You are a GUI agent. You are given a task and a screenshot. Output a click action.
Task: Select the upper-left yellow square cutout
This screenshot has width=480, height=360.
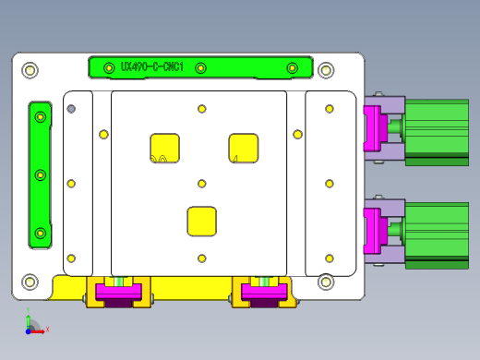[164, 148]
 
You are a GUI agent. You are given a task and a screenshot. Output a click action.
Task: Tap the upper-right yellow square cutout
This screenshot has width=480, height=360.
[244, 148]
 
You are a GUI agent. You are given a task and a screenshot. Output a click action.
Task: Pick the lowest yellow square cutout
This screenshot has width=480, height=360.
[202, 221]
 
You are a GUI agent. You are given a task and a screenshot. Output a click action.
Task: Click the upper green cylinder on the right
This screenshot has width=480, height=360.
[437, 127]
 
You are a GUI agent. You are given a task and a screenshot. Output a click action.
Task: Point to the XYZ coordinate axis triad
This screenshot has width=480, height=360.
[31, 324]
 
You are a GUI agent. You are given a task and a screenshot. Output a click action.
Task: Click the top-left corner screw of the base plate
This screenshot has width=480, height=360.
[30, 70]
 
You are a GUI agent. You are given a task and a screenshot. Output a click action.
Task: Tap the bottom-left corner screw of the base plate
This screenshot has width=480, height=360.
[30, 282]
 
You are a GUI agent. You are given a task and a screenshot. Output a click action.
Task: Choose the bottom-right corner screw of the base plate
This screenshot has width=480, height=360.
[325, 282]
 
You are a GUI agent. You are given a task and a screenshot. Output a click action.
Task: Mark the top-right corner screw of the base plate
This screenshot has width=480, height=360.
[325, 70]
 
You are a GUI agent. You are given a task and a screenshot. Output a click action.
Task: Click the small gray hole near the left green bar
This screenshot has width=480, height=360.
[71, 109]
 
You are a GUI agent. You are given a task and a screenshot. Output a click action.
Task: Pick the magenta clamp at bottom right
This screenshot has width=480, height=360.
[265, 294]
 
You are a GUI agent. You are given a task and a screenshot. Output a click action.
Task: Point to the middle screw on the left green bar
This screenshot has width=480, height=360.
[41, 174]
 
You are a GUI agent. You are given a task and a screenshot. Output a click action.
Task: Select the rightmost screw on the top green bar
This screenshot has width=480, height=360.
[293, 67]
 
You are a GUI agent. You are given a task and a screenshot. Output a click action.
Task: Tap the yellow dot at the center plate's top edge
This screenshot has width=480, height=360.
[202, 109]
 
